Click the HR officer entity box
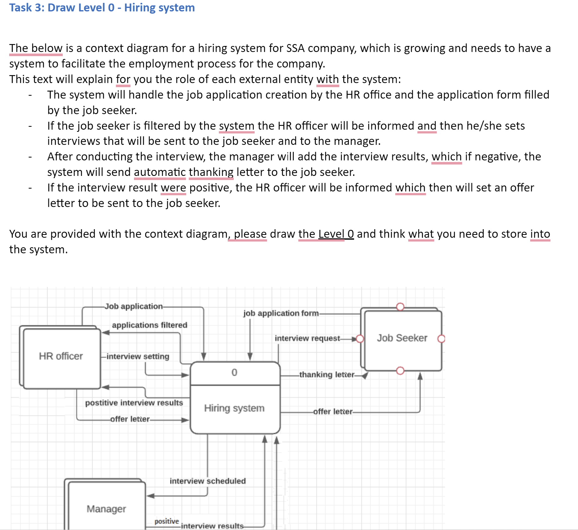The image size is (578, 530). pos(61,356)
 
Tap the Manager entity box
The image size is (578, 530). pos(106,509)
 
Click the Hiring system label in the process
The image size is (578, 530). pos(234,408)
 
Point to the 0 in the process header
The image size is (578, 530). pos(234,372)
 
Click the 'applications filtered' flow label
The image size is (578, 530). pos(149,325)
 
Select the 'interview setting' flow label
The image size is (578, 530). pos(138,357)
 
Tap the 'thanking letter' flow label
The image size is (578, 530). pos(327,375)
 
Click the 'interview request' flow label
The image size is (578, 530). pos(307,338)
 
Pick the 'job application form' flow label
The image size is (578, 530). pos(281,313)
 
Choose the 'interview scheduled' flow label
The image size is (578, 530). pos(207,481)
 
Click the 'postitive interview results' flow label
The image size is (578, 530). pos(134,403)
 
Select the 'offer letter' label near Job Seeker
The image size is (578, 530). pos(333,412)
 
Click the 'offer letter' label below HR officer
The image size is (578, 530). pos(130,419)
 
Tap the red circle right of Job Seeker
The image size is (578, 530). pos(441,339)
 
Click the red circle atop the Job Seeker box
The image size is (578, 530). pos(400,307)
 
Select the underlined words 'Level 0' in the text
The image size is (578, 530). pos(336,234)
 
